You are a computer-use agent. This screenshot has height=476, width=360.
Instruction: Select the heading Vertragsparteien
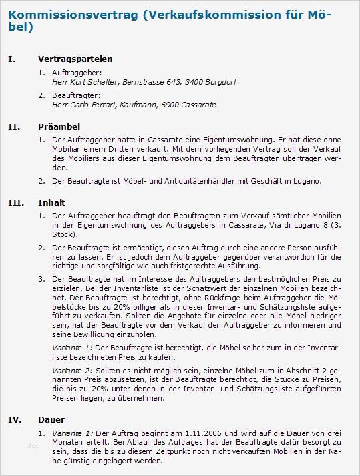click(75, 59)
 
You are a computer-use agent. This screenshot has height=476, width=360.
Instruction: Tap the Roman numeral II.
click(14, 126)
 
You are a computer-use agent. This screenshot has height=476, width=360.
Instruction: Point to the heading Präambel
click(59, 126)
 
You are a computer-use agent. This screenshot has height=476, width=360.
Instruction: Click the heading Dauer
click(51, 419)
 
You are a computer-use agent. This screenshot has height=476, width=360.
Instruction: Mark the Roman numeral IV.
click(15, 419)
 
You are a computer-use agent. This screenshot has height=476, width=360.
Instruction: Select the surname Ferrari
click(99, 105)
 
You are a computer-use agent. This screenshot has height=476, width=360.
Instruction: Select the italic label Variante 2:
click(72, 369)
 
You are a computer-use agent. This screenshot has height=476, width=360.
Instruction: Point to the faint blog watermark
click(33, 445)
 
